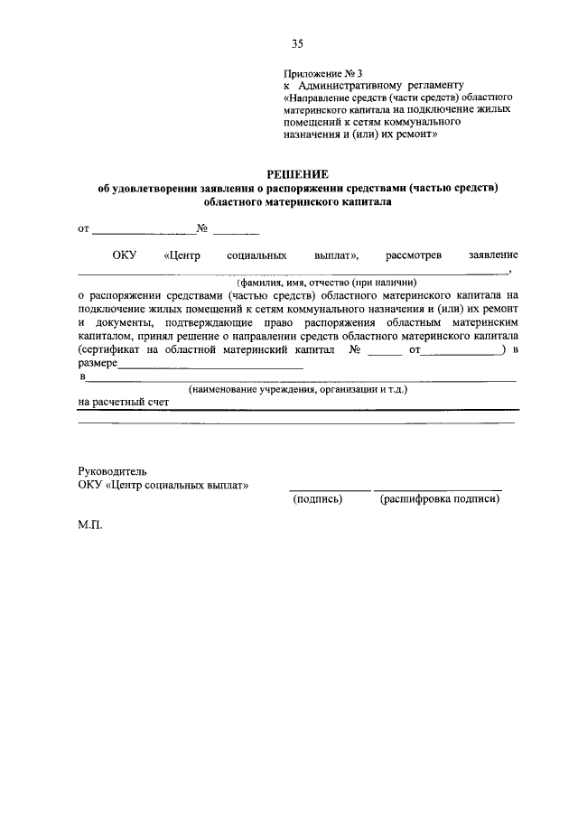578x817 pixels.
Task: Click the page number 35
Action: pos(298,42)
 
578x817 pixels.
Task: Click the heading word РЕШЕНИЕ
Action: pos(298,173)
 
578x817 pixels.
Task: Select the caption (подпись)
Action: pos(315,498)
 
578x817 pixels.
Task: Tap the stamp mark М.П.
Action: pos(91,523)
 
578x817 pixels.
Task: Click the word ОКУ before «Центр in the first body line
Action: pos(124,255)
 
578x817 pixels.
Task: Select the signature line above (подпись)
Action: pos(330,488)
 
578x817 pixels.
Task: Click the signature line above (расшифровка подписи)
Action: pos(437,488)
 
